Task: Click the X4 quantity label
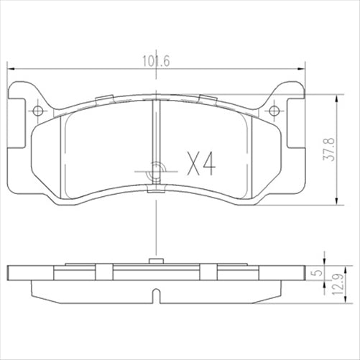pos(200,165)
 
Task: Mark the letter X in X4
pos(193,165)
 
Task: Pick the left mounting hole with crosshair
pos(38,110)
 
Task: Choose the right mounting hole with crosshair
pos(274,110)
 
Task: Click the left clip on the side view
pos(105,272)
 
